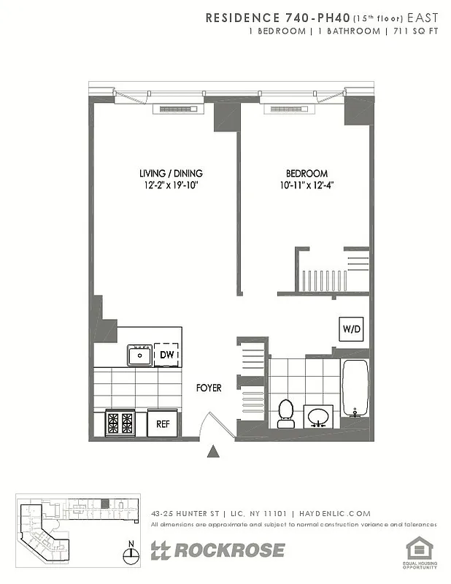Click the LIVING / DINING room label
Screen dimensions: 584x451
pos(171,173)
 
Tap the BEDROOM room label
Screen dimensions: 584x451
pos(306,173)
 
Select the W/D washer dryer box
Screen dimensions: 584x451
pos(351,329)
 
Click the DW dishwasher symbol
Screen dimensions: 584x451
pos(167,355)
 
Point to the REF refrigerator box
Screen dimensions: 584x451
pos(163,423)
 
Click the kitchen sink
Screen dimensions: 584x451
pos(139,356)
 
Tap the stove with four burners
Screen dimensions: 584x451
pos(120,423)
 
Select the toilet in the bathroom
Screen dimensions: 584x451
pos(285,412)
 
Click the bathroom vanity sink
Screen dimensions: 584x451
pos(317,417)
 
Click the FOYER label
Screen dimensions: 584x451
pos(209,388)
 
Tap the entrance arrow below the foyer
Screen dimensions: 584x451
pos(213,452)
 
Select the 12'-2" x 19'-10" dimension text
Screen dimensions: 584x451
pos(171,185)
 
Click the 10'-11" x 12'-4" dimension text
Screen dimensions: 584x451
pos(306,185)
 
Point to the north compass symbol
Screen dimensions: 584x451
pos(131,554)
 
